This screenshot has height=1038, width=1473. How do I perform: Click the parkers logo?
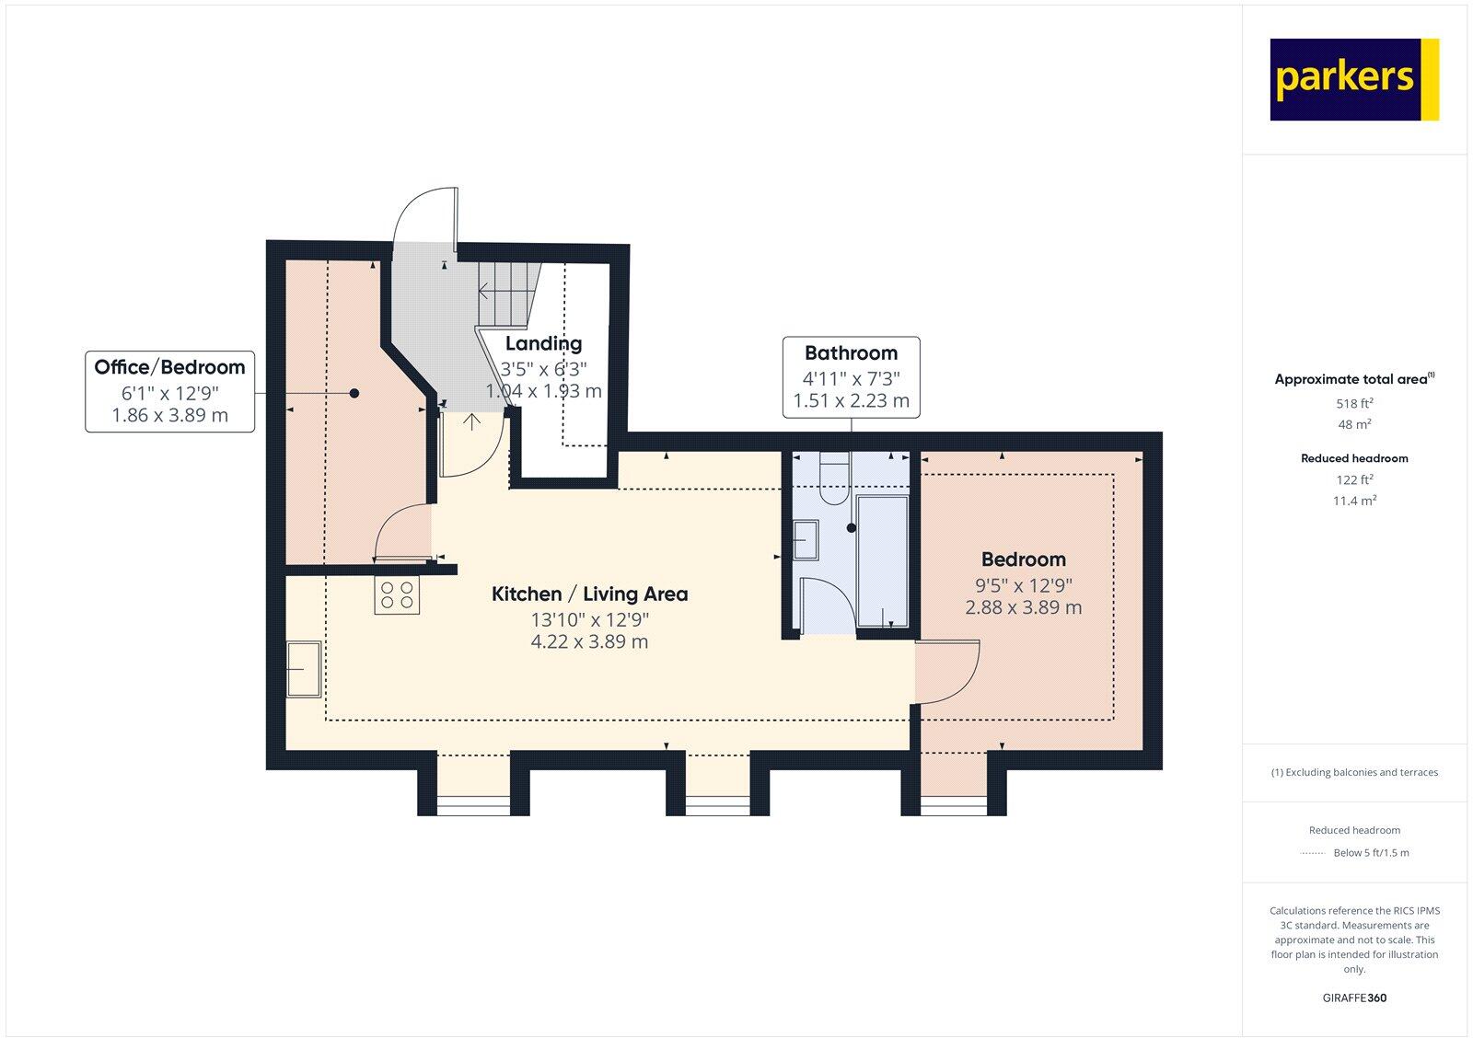click(1353, 79)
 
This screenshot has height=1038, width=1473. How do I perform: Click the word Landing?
click(543, 344)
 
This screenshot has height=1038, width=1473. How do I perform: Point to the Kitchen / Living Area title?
click(589, 594)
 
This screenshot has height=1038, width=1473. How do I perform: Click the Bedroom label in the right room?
click(1023, 559)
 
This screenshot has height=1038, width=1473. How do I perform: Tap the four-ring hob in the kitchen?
click(397, 595)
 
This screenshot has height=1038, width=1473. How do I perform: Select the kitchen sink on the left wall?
click(303, 669)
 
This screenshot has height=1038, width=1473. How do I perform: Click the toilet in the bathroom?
click(835, 479)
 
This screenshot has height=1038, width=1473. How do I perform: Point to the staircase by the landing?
click(505, 293)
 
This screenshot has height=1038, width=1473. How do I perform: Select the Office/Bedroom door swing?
click(403, 534)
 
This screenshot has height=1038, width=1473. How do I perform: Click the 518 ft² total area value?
click(1354, 403)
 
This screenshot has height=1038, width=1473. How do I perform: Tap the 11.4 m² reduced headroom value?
click(1354, 501)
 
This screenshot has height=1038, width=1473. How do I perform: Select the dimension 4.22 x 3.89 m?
click(589, 642)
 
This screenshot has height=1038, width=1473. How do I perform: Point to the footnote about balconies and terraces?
click(1354, 772)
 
